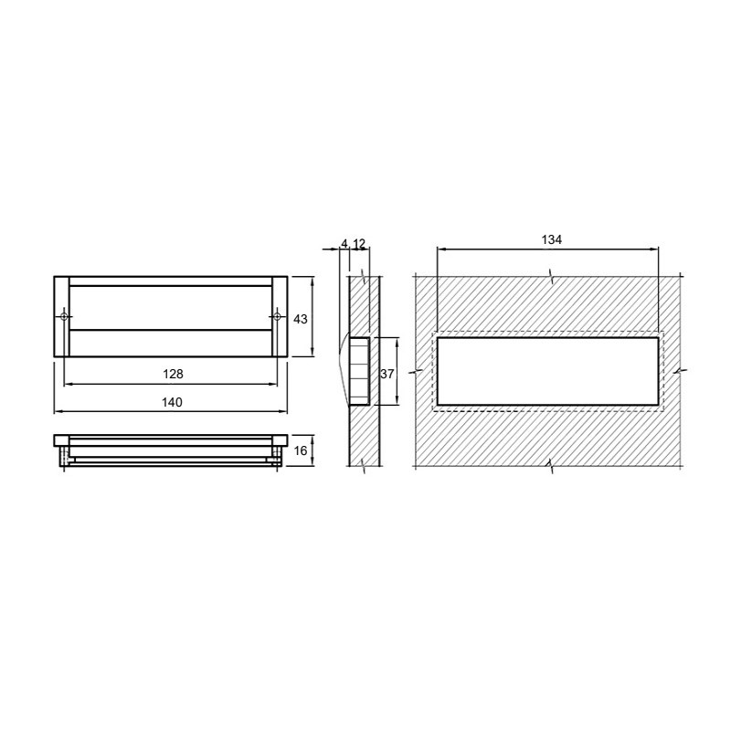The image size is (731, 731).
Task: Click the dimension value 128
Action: pos(173,374)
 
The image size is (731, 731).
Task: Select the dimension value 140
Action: pos(172,402)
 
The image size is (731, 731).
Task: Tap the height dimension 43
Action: pos(301,319)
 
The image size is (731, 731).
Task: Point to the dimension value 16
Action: pos(301,450)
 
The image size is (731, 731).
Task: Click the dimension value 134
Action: pos(552,239)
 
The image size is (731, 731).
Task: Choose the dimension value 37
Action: pos(387,374)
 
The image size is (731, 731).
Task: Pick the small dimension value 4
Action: pos(344,243)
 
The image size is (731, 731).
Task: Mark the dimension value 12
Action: pos(359,243)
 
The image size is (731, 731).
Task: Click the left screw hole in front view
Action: pos(64,317)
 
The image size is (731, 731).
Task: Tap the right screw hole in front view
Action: pos(277,317)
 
